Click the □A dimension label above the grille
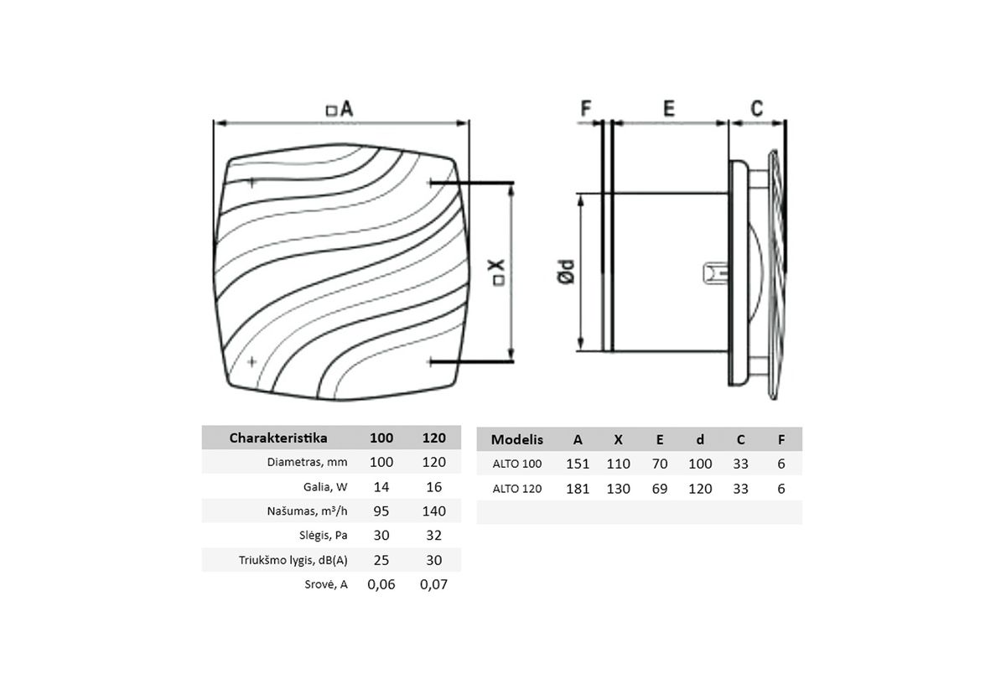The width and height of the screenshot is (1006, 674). (340, 109)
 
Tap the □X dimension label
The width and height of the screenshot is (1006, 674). (498, 272)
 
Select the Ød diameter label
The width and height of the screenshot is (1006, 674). (567, 272)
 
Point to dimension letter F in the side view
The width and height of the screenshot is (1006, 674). (586, 108)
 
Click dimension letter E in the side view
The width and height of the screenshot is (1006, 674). (668, 108)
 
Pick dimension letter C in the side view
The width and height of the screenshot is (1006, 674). (756, 108)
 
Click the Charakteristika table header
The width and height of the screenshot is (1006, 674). (278, 438)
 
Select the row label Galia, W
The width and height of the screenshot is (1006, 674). (326, 487)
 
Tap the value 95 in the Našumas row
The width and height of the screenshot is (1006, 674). (381, 511)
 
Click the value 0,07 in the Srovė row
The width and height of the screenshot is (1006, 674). (433, 584)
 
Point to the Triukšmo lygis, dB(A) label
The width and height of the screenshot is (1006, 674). (293, 560)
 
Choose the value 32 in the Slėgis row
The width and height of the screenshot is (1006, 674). (433, 535)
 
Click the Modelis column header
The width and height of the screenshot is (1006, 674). (517, 439)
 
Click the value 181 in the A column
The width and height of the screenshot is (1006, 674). (578, 489)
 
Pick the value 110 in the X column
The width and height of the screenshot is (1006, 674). (619, 464)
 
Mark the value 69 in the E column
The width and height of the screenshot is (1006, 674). (660, 489)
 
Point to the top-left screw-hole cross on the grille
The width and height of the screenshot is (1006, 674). (251, 181)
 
